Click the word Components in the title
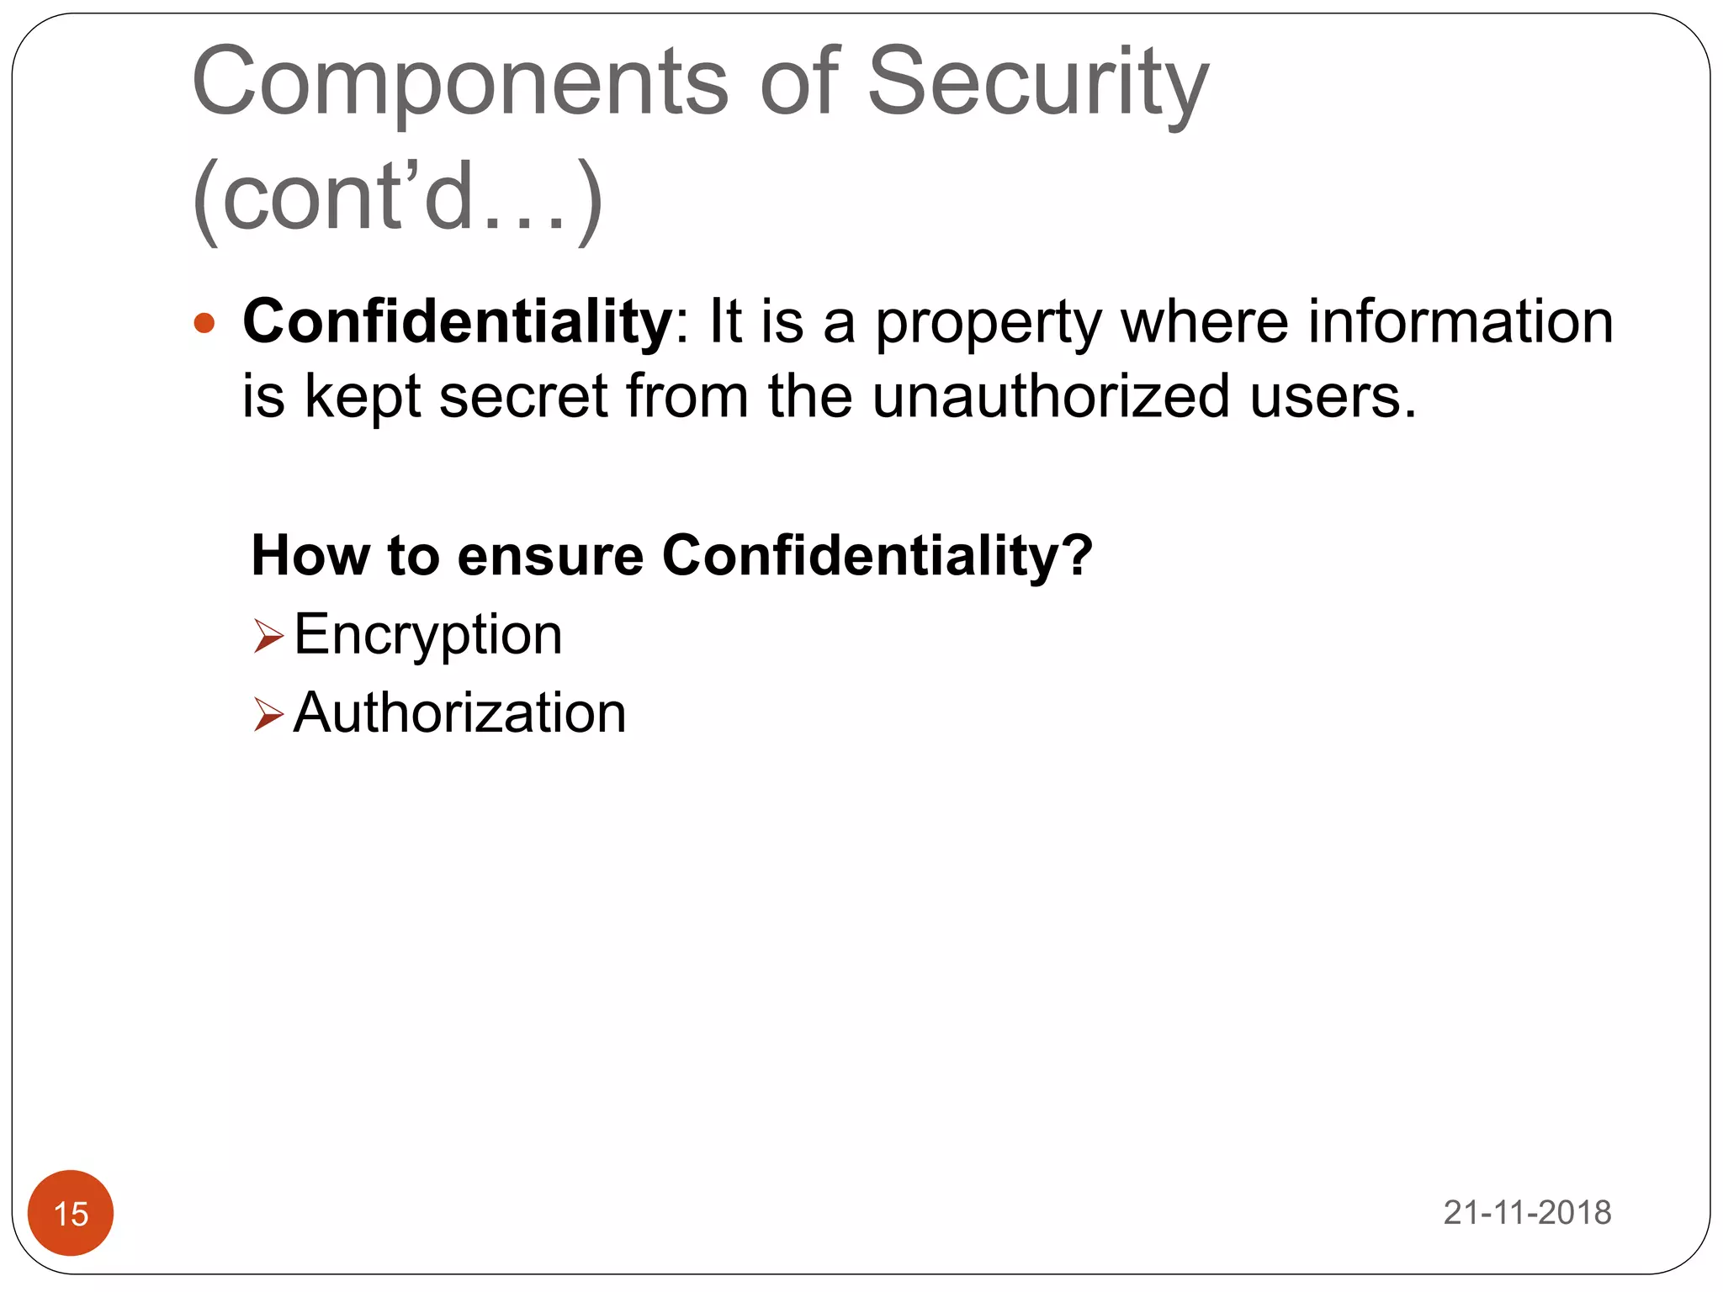pos(459,82)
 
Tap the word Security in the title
pos(1037,82)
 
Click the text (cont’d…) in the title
pos(397,197)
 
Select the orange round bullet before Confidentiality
pos(204,324)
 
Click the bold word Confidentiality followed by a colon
pos(458,321)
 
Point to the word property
pos(988,324)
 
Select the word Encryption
pos(427,634)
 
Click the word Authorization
pos(459,713)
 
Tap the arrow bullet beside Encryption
pos(268,636)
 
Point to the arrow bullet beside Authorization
pos(268,715)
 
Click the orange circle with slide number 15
pos(71,1213)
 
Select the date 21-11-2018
pos(1527,1213)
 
